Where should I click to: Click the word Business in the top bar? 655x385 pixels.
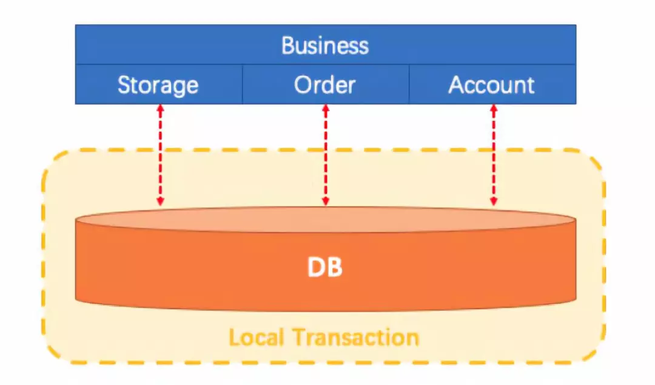coord(325,46)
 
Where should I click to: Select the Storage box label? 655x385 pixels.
coord(158,85)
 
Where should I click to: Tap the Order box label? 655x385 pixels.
coord(325,84)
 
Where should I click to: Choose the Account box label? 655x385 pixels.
coord(491,84)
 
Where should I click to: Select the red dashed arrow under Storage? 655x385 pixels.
coord(160,155)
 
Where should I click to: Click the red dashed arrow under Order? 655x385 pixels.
coord(326,155)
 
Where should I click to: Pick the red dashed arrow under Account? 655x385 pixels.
coord(494,155)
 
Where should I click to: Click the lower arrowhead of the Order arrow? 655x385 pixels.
coord(326,202)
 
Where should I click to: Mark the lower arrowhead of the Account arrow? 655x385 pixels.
coord(494,202)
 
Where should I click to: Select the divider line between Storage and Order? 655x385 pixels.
coord(243,84)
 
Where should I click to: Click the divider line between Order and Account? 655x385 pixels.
coord(409,84)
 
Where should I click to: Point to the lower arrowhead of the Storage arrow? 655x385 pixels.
coord(160,202)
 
